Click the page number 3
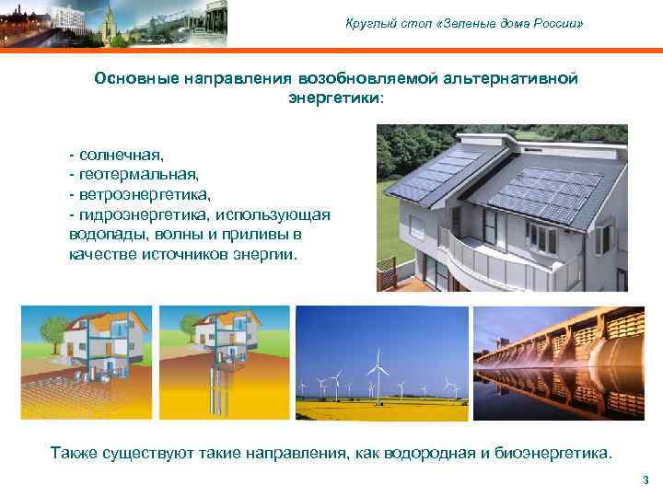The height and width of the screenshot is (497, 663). coord(646,480)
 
